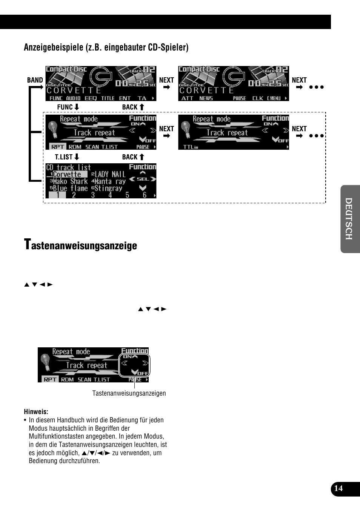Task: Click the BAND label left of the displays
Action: pos(35,80)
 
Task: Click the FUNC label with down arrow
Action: pos(68,107)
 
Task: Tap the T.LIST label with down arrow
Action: pos(67,157)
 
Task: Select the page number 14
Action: pos(338,488)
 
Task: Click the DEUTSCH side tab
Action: pos(349,219)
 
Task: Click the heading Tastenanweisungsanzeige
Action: pos(80,245)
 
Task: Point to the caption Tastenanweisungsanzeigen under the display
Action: pos(129,393)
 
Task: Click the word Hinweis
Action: pos(36,411)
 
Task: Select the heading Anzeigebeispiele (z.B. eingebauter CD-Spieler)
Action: pos(106,47)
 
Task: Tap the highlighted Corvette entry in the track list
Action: pos(67,174)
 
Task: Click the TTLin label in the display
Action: pos(190,147)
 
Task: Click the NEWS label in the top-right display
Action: pos(206,98)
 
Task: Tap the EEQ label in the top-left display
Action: pos(91,98)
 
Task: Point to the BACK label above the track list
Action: pos(133,157)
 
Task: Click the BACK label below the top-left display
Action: pos(133,107)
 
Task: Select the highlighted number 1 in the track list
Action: pos(57,195)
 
